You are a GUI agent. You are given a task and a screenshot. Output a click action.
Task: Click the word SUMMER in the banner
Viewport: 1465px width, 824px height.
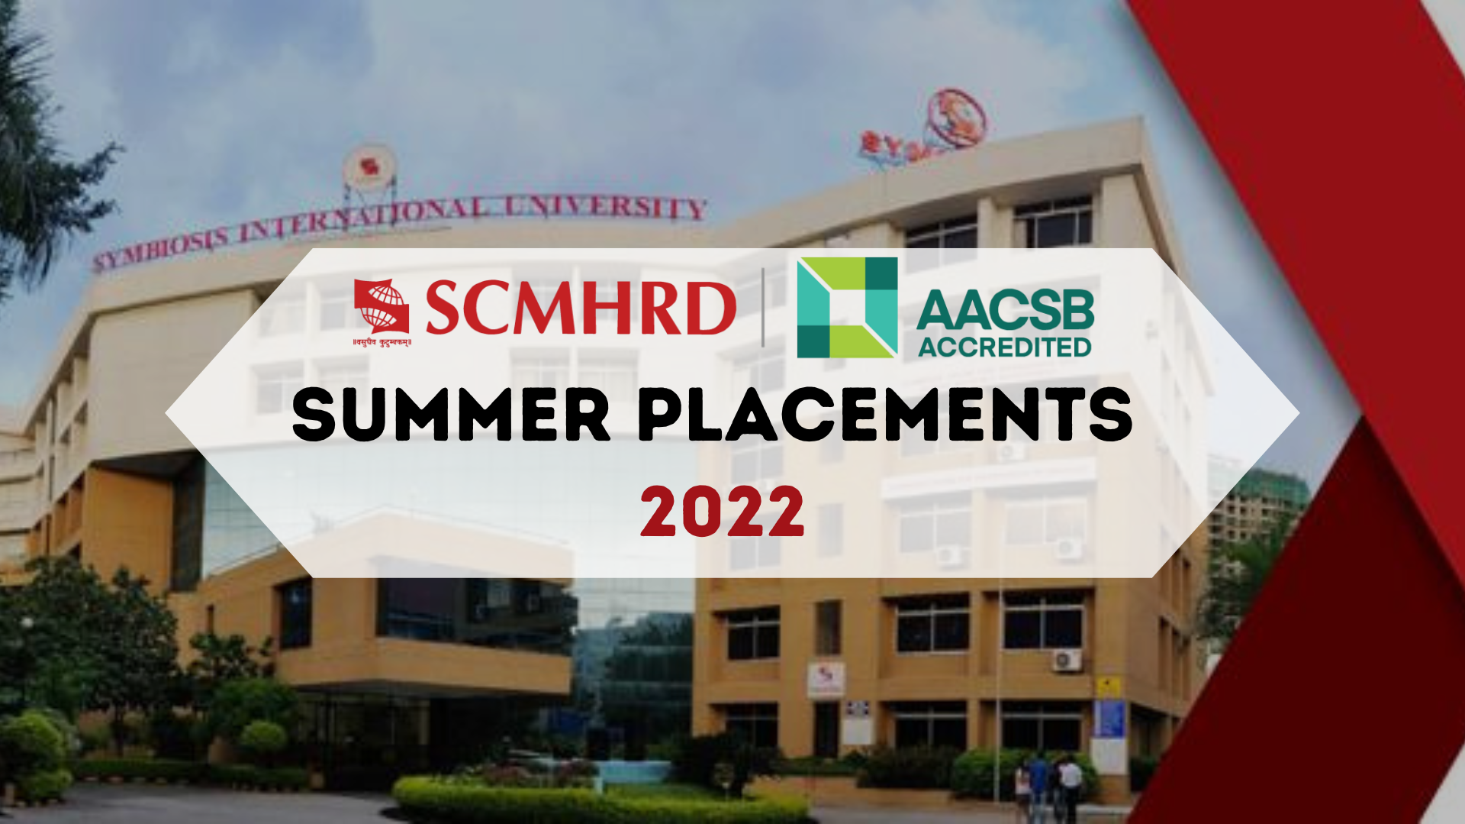451,415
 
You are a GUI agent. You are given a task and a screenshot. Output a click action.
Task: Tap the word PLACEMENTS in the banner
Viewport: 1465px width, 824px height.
885,415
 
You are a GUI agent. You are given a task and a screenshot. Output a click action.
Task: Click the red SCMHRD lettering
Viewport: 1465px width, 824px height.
580,308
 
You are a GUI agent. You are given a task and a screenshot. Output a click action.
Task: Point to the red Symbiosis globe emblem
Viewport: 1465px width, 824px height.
382,305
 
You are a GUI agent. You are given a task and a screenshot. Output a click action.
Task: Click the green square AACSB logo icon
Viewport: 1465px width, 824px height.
847,308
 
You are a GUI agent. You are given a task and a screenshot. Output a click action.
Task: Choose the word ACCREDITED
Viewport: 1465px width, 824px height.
1004,347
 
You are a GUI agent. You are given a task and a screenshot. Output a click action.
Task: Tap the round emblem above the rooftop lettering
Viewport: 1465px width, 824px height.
369,166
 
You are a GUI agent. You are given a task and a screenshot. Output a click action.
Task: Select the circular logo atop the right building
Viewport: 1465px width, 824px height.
957,119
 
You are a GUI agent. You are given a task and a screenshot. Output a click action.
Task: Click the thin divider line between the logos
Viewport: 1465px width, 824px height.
763,308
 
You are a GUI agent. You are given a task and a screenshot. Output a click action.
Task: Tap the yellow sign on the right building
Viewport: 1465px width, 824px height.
1108,686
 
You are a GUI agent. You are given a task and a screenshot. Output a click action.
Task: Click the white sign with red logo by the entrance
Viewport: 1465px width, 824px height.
826,679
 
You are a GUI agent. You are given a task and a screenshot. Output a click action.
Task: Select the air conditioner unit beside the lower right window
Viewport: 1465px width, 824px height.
1067,660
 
